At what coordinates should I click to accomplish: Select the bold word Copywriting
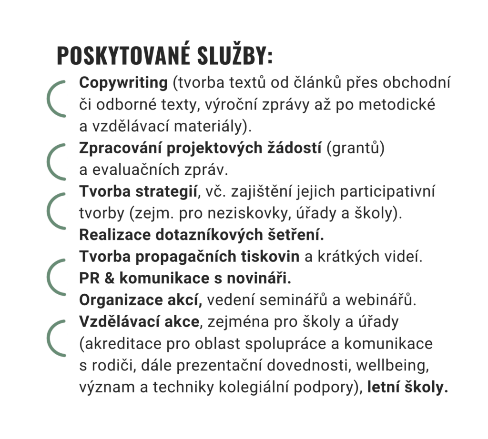tap(123, 83)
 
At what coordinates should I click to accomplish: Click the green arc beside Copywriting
tap(55, 99)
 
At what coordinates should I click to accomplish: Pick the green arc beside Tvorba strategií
tap(55, 210)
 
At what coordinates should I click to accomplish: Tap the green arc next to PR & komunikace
tap(55, 277)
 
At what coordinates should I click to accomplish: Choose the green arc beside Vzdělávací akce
tap(55, 338)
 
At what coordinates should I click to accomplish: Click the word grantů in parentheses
tap(355, 149)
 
